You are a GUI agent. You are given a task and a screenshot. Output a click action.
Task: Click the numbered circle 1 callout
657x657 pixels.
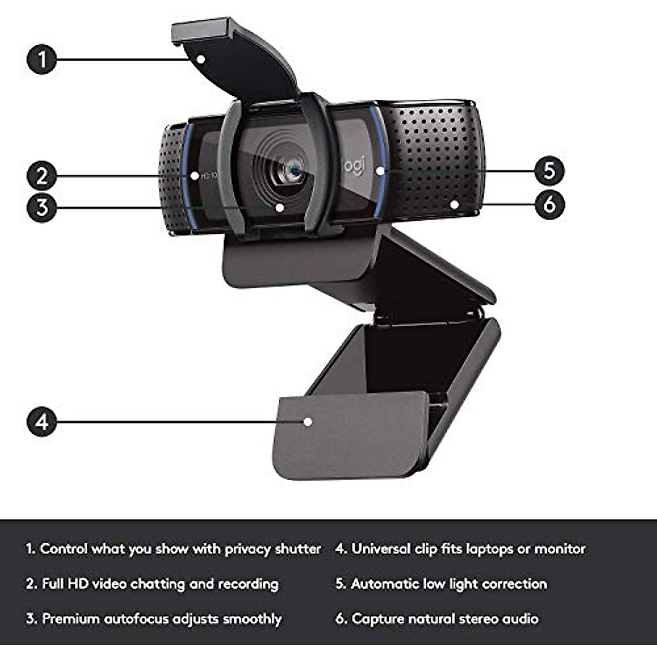pyautogui.click(x=42, y=59)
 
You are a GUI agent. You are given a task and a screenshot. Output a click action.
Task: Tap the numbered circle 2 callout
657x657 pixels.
pyautogui.click(x=42, y=176)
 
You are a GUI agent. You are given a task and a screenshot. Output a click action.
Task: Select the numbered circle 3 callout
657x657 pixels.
pyautogui.click(x=42, y=207)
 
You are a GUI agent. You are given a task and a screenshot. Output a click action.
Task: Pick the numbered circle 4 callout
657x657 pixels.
pyautogui.click(x=42, y=422)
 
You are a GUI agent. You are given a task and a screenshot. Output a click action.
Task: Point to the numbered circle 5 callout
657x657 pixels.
pyautogui.click(x=549, y=170)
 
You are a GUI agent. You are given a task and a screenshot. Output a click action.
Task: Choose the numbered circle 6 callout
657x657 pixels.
pyautogui.click(x=549, y=204)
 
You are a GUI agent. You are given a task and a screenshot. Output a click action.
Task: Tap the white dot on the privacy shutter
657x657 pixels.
pyautogui.click(x=201, y=59)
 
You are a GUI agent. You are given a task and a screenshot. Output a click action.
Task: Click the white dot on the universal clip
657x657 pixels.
pyautogui.click(x=308, y=422)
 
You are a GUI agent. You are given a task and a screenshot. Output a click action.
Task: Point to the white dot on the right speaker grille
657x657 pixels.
pyautogui.click(x=454, y=204)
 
